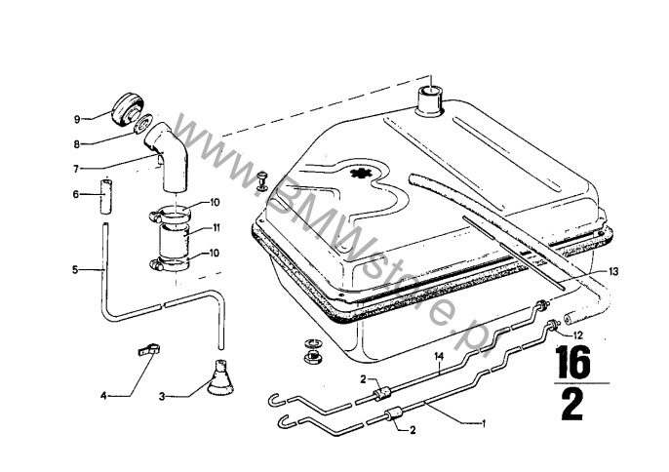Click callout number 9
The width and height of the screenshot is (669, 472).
(x=75, y=119)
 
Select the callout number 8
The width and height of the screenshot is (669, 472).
(x=75, y=143)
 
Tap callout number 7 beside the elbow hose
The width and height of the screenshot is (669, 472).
(x=75, y=167)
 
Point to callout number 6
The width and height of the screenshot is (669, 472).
(x=75, y=194)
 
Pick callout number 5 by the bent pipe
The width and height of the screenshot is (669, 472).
(x=75, y=269)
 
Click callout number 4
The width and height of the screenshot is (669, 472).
(x=103, y=395)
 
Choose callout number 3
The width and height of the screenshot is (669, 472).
(x=162, y=395)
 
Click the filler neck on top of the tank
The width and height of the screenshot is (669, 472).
(x=430, y=99)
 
